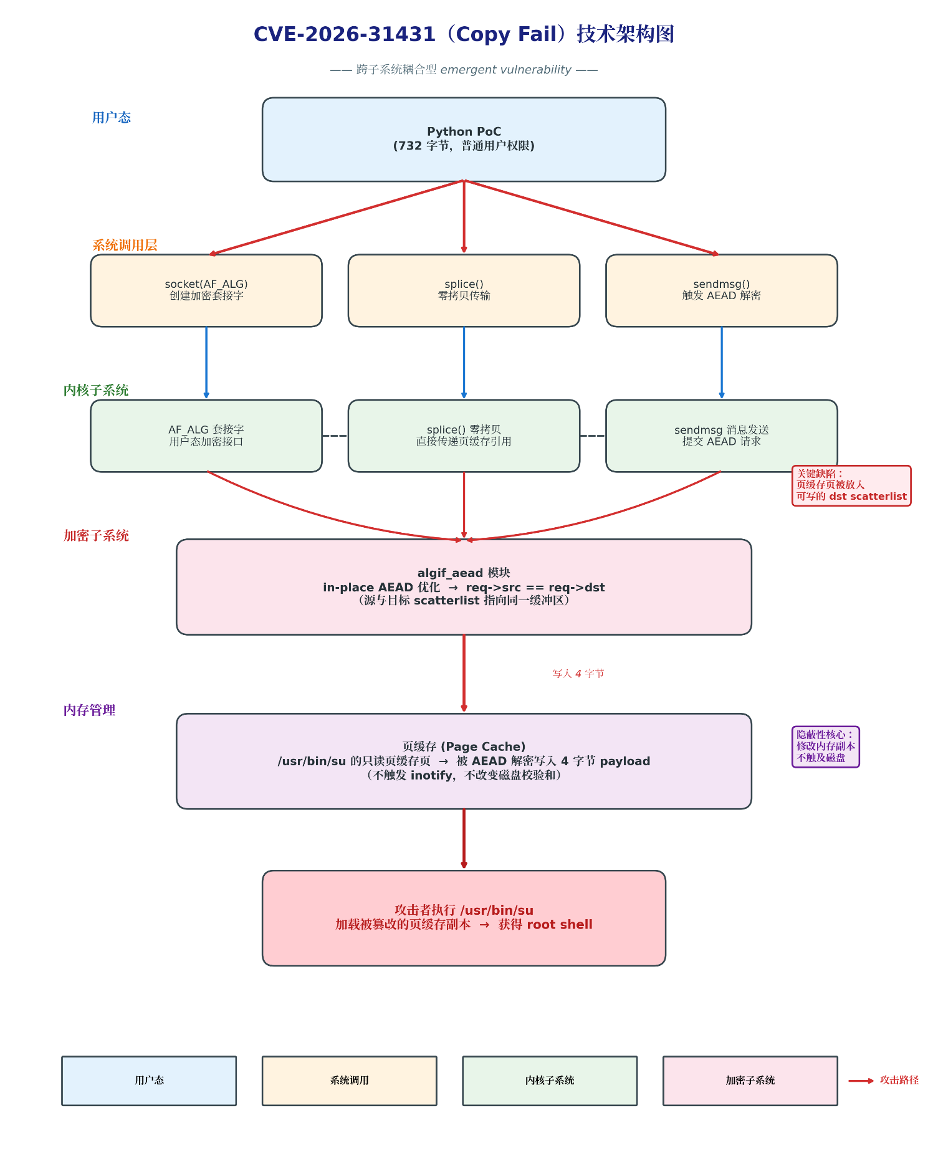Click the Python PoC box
click(464, 140)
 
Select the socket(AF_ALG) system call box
click(206, 290)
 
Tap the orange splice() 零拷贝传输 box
click(464, 290)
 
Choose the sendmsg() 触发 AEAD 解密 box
click(722, 290)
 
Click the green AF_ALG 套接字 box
click(206, 436)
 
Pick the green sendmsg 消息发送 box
click(722, 436)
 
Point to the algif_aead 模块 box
click(464, 587)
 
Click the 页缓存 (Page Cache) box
click(464, 761)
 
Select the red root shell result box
click(464, 918)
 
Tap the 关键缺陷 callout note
click(851, 485)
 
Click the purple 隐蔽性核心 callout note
click(826, 747)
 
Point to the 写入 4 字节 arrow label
click(578, 674)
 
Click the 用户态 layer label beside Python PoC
click(112, 118)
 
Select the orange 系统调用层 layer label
click(125, 245)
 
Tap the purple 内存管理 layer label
click(89, 710)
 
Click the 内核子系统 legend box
click(550, 1081)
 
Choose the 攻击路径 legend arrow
click(861, 1081)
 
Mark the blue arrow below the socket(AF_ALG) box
click(206, 363)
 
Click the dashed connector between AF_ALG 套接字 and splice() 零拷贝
click(335, 436)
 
